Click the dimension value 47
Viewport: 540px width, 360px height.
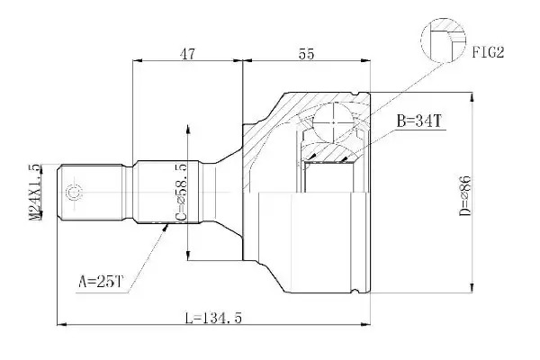pos(188,54)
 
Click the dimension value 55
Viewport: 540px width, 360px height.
pos(306,54)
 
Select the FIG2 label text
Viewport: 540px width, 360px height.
pos(488,52)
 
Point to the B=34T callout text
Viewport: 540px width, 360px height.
pos(419,121)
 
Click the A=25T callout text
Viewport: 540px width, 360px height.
pos(101,282)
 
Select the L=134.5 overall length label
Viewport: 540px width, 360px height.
pos(213,318)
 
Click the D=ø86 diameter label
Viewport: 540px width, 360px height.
pos(464,195)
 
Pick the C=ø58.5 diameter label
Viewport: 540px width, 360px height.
pos(181,193)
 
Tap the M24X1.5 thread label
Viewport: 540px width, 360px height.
pos(35,192)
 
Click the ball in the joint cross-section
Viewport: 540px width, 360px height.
pos(334,122)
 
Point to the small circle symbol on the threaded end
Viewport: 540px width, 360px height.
pos(74,193)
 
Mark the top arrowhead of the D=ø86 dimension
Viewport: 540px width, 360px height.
pos(472,97)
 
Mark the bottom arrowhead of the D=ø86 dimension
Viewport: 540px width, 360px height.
pos(472,288)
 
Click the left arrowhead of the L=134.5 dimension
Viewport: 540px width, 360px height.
pos(61,324)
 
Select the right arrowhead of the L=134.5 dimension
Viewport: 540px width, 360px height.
pos(365,324)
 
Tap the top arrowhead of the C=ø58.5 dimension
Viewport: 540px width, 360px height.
pos(188,130)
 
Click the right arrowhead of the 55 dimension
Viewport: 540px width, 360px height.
pos(365,61)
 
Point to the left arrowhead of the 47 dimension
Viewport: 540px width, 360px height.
pos(138,61)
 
